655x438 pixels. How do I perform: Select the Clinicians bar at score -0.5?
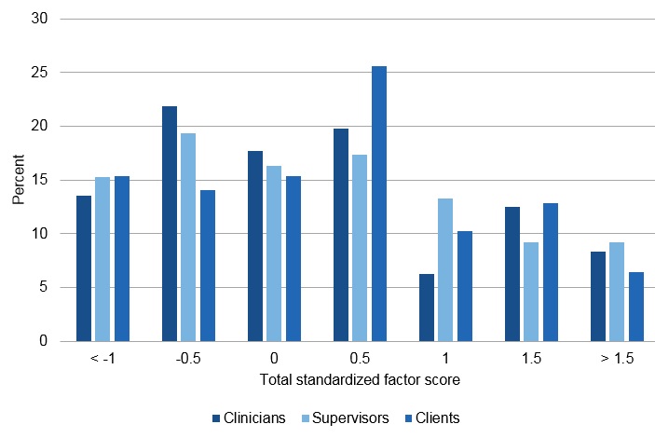point(170,224)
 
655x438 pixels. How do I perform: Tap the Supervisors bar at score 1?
point(445,269)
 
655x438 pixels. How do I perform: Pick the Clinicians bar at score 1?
point(427,308)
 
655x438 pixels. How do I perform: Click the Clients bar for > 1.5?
point(636,307)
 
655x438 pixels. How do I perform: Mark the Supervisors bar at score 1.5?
point(531,292)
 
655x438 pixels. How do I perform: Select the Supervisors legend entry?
point(344,418)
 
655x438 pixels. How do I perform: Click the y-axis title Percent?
point(19,180)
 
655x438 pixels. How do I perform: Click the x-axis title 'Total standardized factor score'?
point(360,381)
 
